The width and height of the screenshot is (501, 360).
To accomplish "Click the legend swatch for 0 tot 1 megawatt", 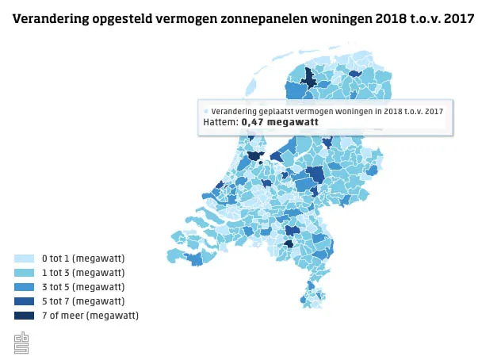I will [x=24, y=259].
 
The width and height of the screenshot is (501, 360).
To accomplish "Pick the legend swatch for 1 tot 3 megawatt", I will [x=24, y=273].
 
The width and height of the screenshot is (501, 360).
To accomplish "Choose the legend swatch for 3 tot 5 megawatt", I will [x=24, y=287].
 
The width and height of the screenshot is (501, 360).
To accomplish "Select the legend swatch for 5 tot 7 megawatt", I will [x=24, y=301].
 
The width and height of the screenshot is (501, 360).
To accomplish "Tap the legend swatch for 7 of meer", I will [x=24, y=316].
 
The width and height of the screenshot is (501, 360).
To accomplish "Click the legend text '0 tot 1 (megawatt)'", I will [x=83, y=259].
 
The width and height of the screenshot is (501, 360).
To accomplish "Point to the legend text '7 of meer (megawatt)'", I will [x=90, y=316].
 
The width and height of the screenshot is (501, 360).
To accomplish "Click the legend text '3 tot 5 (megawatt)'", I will [x=83, y=287].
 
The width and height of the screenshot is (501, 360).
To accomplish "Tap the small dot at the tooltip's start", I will [x=206, y=112].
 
